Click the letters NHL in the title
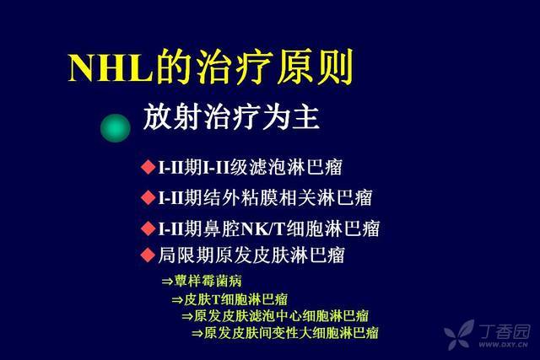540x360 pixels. coord(110,67)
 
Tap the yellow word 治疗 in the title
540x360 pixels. coord(235,67)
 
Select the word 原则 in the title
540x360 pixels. coord(315,67)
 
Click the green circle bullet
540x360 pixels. coord(116,128)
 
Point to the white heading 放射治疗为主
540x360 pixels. coord(231,118)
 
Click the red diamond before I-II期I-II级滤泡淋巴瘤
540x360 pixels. coord(148,167)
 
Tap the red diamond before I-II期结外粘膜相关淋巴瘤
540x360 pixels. coord(148,197)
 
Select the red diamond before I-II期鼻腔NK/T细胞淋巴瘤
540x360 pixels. coord(148,228)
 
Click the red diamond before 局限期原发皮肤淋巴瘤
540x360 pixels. coord(148,255)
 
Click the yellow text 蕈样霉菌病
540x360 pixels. coord(208,281)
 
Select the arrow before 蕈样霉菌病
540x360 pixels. coord(167,282)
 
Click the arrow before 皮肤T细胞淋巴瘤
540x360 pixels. coord(177,300)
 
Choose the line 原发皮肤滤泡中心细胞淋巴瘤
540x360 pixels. coord(281,316)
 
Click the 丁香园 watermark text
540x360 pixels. coord(505,331)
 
